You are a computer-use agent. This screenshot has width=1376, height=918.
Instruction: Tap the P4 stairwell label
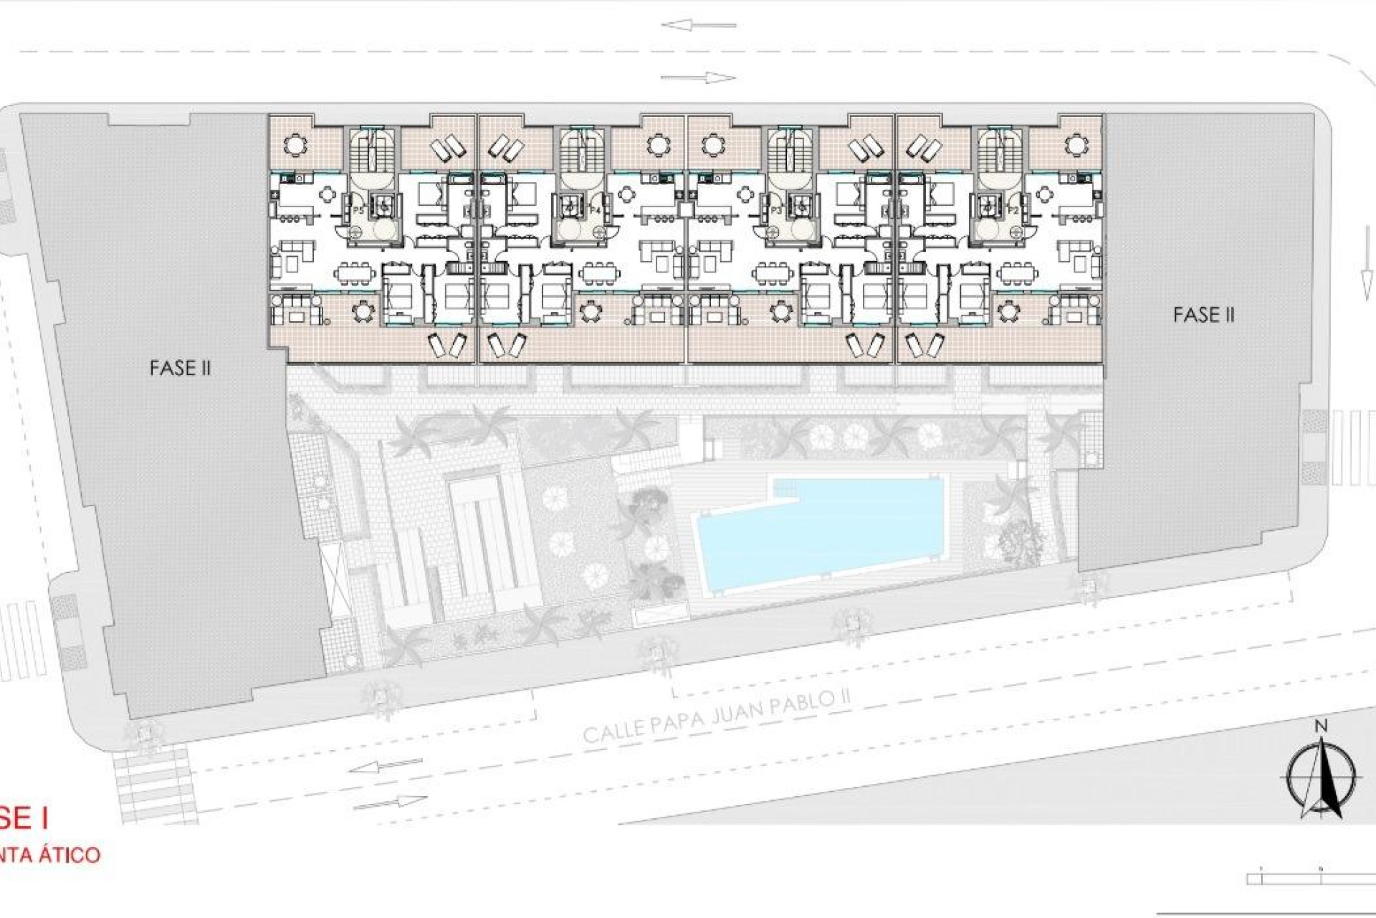(595, 210)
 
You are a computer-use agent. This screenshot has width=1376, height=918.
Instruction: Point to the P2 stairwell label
(1013, 211)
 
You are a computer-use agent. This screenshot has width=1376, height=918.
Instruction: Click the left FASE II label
(180, 368)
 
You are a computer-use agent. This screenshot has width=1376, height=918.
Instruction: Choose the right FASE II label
(1204, 314)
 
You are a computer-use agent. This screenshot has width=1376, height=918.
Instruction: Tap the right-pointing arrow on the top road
(698, 77)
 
